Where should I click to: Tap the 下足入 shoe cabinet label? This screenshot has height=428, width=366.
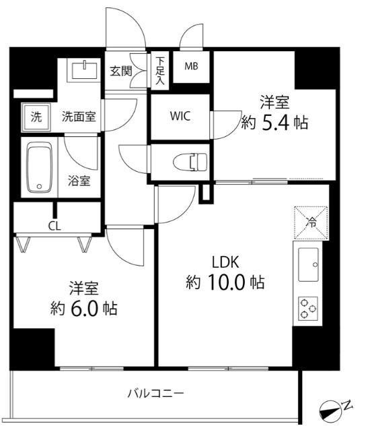click(x=160, y=70)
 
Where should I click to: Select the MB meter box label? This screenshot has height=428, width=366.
click(x=191, y=66)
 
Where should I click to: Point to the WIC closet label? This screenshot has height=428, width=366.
click(x=180, y=115)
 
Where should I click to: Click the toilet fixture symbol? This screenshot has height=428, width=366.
click(x=190, y=162)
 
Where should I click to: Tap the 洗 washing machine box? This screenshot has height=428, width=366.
click(x=35, y=117)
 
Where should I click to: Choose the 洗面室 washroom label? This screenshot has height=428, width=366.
click(x=78, y=116)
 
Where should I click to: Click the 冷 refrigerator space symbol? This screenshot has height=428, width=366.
click(x=311, y=221)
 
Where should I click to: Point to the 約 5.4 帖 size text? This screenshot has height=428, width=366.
click(x=274, y=123)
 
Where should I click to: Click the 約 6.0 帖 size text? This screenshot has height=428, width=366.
click(x=83, y=309)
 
